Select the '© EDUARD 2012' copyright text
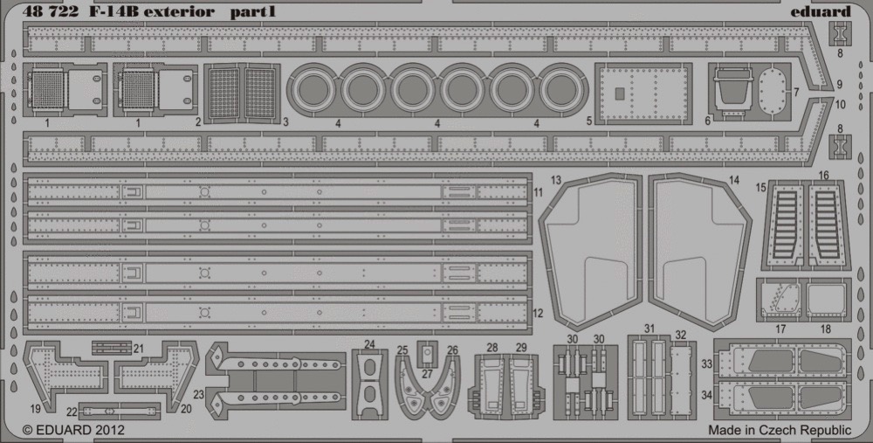pyautogui.click(x=73, y=430)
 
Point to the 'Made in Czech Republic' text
pyautogui.click(x=780, y=430)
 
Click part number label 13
pyautogui.click(x=556, y=179)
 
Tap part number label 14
pyautogui.click(x=734, y=180)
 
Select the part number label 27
pyautogui.click(x=427, y=374)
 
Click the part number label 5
pyautogui.click(x=589, y=121)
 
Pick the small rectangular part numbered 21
pyautogui.click(x=112, y=348)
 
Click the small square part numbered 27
pyautogui.click(x=427, y=353)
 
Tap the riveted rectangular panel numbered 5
pyautogui.click(x=643, y=93)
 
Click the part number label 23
pyautogui.click(x=199, y=395)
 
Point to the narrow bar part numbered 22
pyautogui.click(x=119, y=412)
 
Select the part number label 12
pyautogui.click(x=538, y=314)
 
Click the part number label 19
pyautogui.click(x=36, y=409)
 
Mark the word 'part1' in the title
pyautogui.click(x=253, y=12)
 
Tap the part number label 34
pyautogui.click(x=706, y=395)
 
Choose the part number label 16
pyautogui.click(x=824, y=176)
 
